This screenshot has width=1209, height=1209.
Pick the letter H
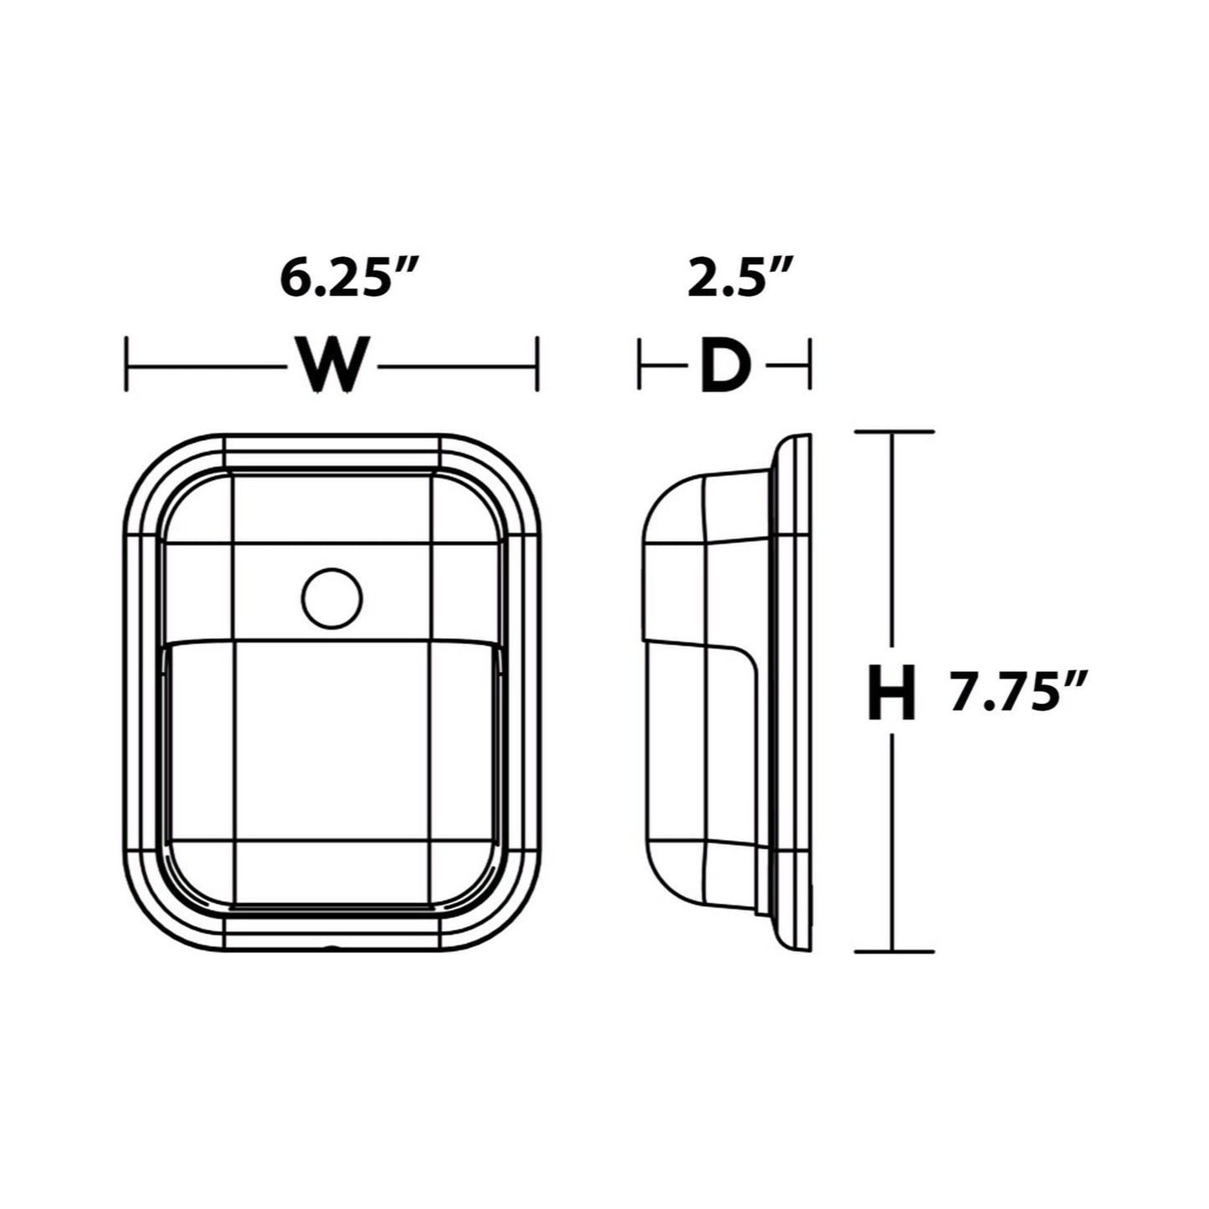coord(891,694)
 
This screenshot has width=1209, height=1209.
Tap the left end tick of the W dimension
coord(126,364)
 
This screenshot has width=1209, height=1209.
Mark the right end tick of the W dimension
coord(536,364)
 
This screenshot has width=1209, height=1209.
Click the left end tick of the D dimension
coord(640,364)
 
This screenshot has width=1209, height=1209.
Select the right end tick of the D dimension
coord(810,364)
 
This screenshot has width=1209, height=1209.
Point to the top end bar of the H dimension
coord(894,432)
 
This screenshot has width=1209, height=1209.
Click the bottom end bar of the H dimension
coord(894,951)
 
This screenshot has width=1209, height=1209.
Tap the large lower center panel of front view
coord(332,740)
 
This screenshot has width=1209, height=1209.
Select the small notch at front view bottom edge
coord(332,949)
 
